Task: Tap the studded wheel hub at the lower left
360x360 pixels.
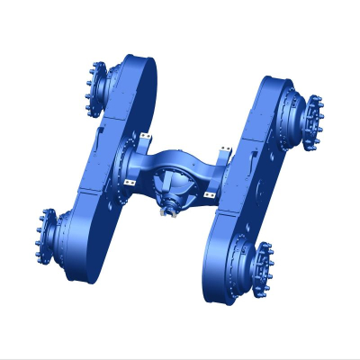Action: tap(45, 233)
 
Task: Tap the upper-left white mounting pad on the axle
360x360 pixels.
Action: tap(145, 138)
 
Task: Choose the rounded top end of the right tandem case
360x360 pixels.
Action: tap(274, 90)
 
